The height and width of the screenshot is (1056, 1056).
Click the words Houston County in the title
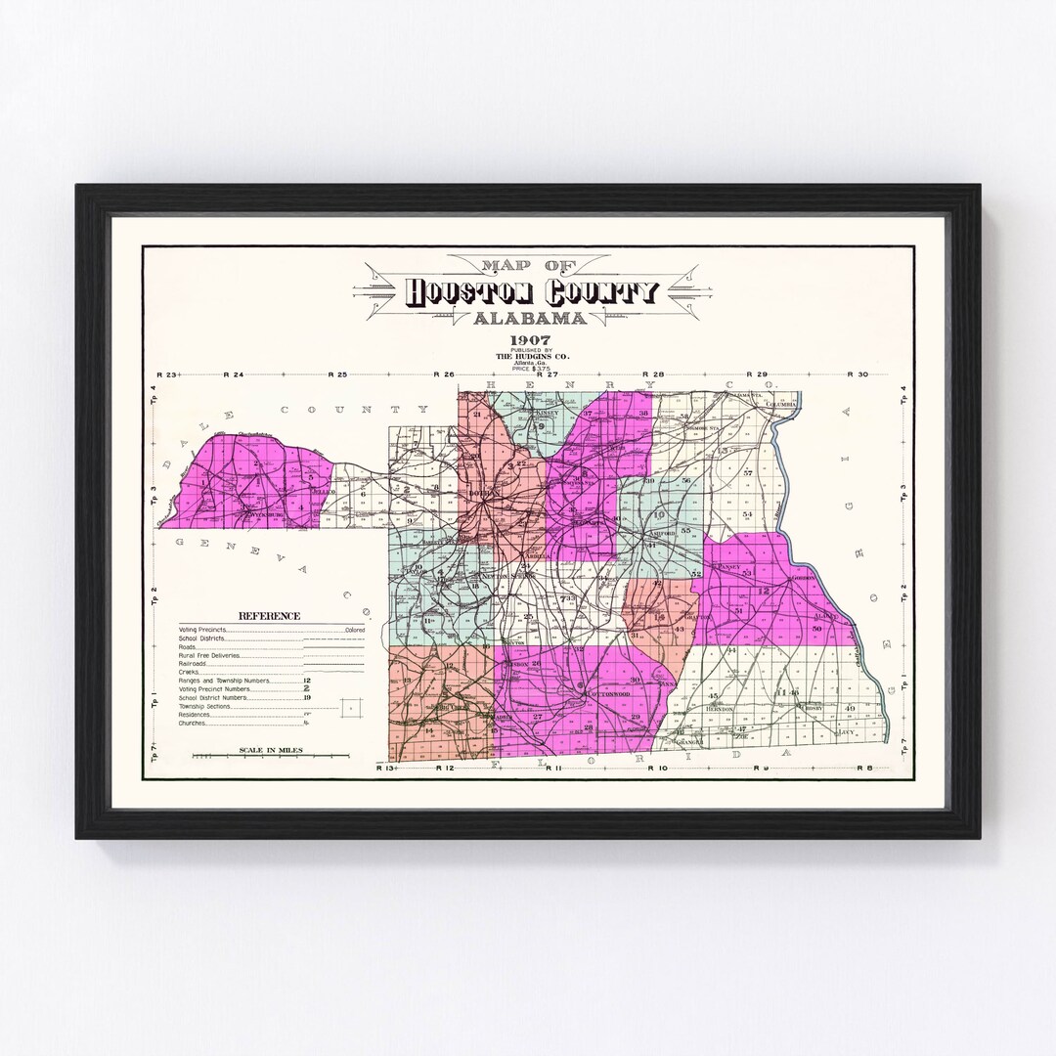point(533,291)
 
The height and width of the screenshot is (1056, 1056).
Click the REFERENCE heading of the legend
point(270,616)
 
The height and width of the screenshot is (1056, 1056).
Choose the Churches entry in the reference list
point(194,723)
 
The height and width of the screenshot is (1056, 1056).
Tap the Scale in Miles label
point(271,751)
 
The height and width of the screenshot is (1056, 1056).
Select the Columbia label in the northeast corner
point(782,403)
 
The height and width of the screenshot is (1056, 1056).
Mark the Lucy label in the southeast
point(847,731)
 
